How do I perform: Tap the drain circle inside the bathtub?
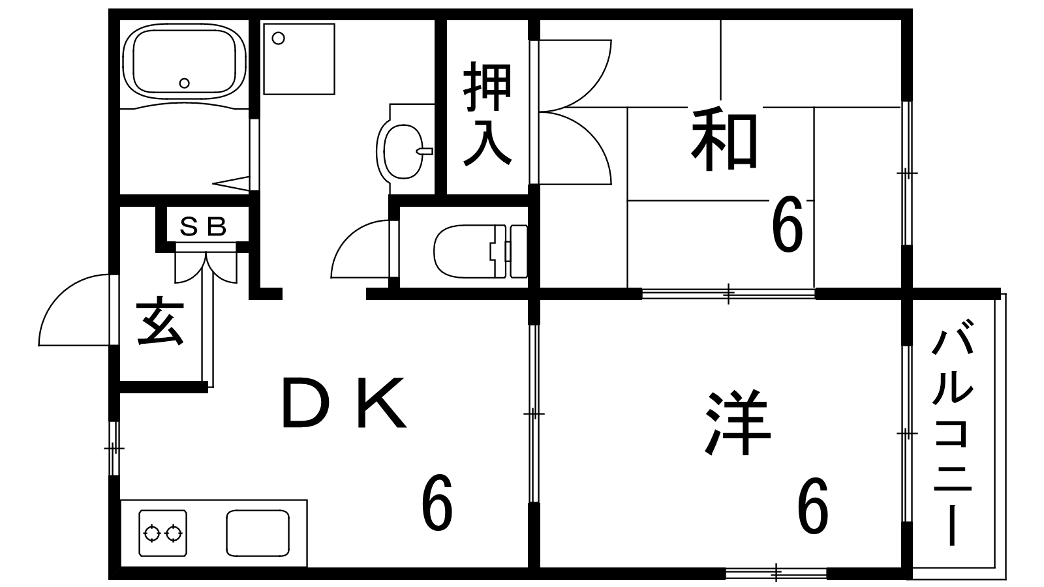(185, 83)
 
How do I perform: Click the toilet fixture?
(480, 252)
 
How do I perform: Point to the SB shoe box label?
(203, 227)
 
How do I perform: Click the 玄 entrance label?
(160, 322)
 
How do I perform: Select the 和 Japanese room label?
(724, 140)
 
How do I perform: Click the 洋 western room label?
(737, 423)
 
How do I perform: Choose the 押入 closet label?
(487, 113)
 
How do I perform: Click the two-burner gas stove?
(162, 533)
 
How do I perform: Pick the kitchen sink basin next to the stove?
(258, 533)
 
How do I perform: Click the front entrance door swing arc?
(74, 310)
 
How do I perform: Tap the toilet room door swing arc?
(360, 249)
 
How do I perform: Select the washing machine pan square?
(299, 59)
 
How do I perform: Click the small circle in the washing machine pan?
(278, 38)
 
